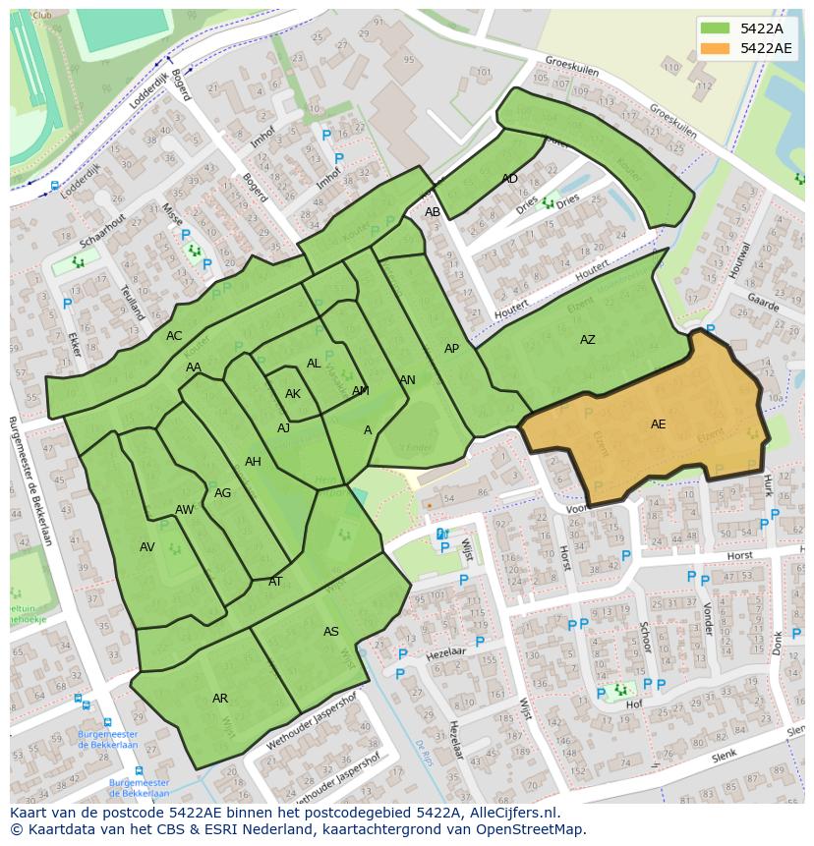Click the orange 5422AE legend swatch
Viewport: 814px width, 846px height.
[716, 48]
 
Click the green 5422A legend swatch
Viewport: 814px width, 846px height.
[716, 28]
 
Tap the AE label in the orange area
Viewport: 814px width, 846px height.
[658, 424]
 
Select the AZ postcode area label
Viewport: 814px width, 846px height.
[587, 340]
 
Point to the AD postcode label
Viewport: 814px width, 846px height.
[509, 179]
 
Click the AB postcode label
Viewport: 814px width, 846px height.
[433, 212]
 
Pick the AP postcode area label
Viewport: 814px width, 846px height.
[451, 349]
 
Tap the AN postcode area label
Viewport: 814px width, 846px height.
[407, 380]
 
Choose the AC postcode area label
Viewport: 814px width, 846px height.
[174, 336]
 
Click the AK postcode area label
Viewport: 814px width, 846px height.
[292, 394]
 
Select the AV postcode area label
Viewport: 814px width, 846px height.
[147, 547]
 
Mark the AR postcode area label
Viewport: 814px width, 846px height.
[220, 699]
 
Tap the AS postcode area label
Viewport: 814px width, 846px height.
[331, 632]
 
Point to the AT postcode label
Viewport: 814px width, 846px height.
[275, 582]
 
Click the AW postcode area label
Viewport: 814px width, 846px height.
[184, 510]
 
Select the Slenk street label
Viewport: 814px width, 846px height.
[724, 755]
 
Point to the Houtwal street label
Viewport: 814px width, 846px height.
[742, 259]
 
